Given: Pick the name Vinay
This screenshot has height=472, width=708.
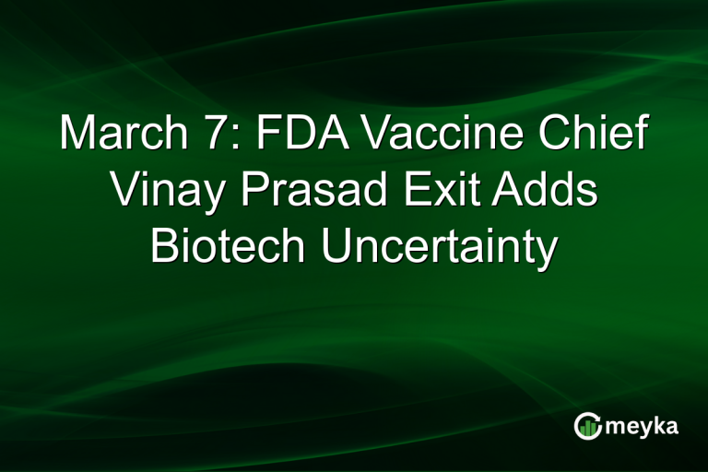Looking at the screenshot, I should click(x=164, y=192).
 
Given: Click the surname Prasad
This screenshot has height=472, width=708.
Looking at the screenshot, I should click(x=310, y=192).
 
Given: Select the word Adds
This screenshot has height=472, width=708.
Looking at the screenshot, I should click(x=549, y=192).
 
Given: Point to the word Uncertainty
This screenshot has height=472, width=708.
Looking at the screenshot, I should click(x=439, y=247).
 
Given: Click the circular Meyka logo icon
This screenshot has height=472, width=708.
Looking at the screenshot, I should click(x=586, y=426).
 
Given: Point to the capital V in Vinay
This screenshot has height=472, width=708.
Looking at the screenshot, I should click(x=123, y=192).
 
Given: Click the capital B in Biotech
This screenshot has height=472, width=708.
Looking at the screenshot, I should click(x=164, y=247).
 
